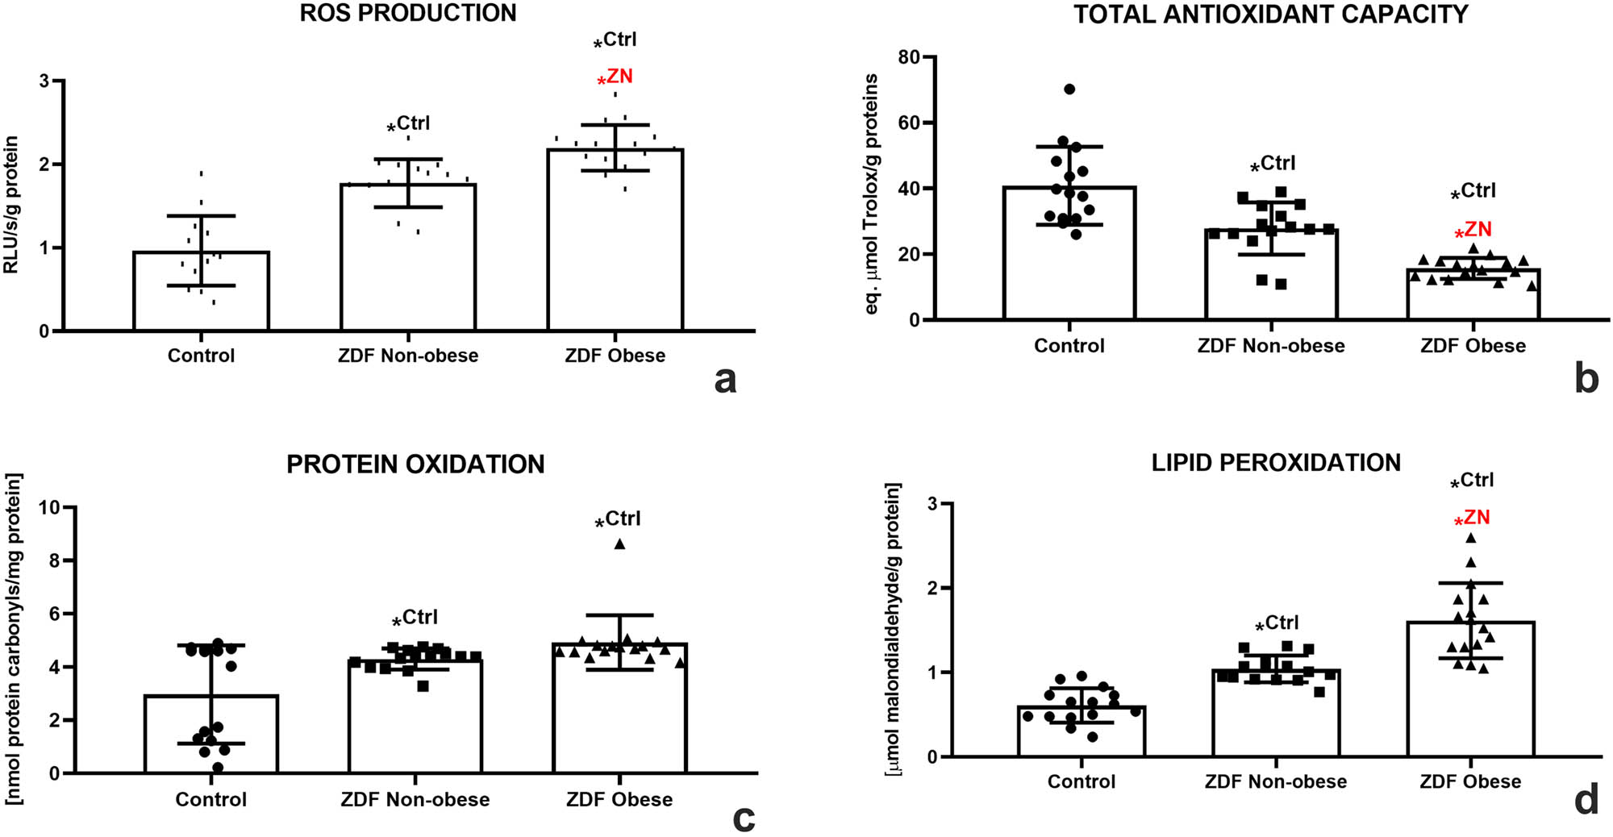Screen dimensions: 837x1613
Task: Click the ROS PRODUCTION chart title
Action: click(408, 14)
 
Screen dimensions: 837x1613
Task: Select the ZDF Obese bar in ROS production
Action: click(615, 242)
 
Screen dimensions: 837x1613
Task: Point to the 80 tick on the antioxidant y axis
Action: click(909, 57)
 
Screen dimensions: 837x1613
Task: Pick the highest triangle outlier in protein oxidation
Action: click(619, 544)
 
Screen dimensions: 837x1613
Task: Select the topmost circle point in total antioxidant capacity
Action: click(1069, 90)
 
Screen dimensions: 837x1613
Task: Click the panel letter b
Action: click(1586, 379)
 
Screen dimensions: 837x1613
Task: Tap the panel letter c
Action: click(744, 818)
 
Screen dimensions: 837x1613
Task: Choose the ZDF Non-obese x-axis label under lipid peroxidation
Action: click(1275, 782)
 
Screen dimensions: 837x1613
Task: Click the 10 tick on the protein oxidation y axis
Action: click(50, 507)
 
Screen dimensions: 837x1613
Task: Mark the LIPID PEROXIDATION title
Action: click(1275, 463)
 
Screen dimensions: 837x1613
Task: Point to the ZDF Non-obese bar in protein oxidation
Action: click(415, 718)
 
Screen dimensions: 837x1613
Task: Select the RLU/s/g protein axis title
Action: click(11, 205)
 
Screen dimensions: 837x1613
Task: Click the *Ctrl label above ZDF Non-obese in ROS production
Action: click(408, 124)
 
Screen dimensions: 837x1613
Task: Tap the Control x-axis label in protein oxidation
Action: click(211, 800)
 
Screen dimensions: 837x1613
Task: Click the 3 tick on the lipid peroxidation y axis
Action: click(933, 504)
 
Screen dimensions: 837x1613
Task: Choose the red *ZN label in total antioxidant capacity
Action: click(1473, 231)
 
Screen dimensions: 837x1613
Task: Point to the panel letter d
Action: click(1586, 801)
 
